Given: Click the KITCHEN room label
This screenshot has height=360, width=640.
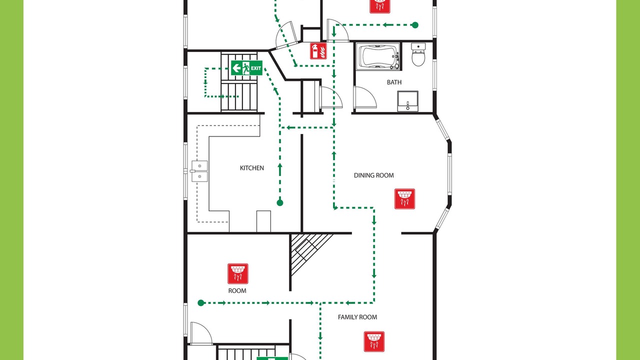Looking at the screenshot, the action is click(251, 168).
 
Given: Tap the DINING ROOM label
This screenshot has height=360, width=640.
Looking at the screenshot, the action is click(373, 175).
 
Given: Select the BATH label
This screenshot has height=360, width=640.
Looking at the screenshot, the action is click(394, 82).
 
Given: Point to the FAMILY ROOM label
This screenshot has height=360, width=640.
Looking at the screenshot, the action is click(357, 317).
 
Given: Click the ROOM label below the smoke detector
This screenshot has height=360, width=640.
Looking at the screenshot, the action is click(237, 291).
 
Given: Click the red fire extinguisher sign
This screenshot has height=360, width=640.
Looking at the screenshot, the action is click(318, 51).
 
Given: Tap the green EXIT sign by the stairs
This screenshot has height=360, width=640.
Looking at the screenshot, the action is click(246, 68).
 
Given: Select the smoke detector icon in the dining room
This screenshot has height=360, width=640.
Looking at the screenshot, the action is click(404, 199).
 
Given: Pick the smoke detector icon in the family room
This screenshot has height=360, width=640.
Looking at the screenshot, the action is click(374, 341).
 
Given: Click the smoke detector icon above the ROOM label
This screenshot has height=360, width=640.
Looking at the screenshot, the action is click(237, 273).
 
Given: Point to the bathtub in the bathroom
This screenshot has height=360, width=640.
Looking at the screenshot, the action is click(378, 56).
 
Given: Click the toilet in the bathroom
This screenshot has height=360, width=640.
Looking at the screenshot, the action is click(418, 54).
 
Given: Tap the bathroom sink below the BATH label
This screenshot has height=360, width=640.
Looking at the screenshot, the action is click(407, 101).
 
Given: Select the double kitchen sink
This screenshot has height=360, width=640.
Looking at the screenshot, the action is click(199, 171).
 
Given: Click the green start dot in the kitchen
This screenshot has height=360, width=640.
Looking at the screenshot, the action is click(280, 203).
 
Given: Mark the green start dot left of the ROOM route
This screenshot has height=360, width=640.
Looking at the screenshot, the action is click(201, 303).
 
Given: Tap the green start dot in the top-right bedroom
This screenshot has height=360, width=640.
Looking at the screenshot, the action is click(415, 25).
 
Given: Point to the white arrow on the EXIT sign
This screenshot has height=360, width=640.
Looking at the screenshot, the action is click(236, 68).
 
